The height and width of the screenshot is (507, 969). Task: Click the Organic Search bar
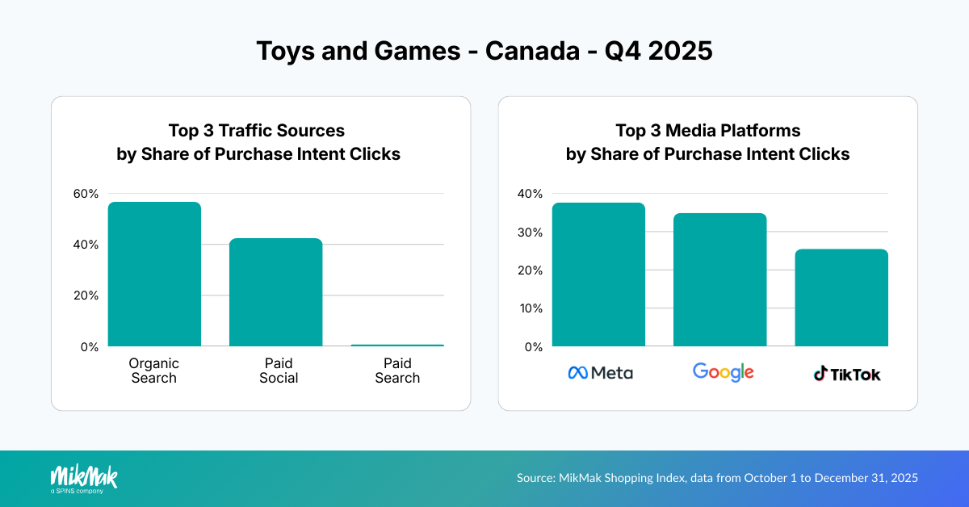[x=154, y=274]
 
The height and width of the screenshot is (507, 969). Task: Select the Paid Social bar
[x=275, y=292]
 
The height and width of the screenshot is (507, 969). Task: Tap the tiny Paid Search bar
[x=397, y=346]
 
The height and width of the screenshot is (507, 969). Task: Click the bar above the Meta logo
[x=598, y=274]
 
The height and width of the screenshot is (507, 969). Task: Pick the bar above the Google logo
[x=719, y=280]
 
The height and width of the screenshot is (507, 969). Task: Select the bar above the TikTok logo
[x=841, y=298]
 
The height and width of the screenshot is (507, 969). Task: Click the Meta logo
[x=600, y=373]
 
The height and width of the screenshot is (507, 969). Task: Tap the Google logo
[x=723, y=372]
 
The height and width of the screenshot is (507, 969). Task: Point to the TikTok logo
[x=846, y=374]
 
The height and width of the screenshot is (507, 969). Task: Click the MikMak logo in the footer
[x=84, y=478]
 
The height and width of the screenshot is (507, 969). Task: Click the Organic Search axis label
[x=153, y=371]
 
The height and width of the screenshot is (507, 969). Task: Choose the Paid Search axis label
[x=397, y=371]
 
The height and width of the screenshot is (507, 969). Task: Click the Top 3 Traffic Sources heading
[x=257, y=130]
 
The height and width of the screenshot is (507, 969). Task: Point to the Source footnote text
[x=717, y=478]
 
